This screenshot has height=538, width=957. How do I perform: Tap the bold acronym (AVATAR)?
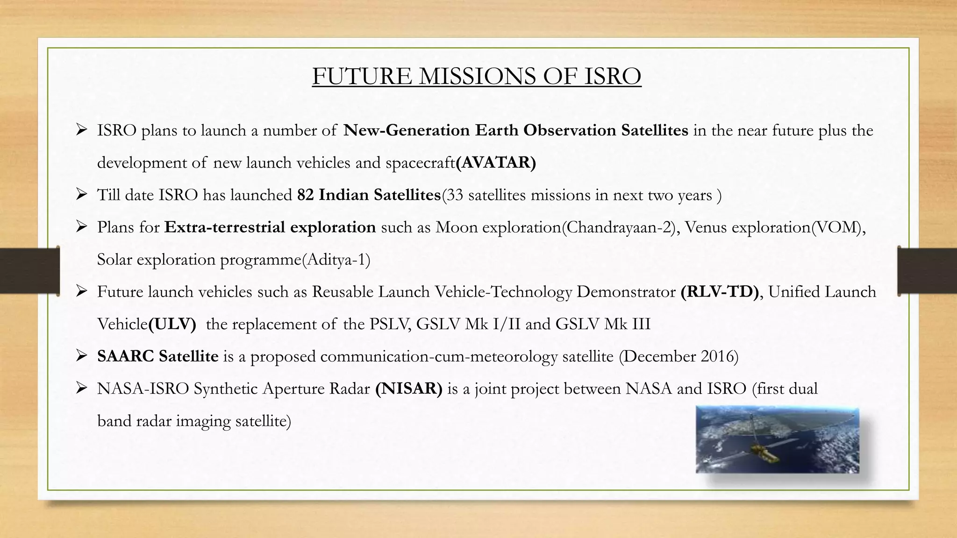pyautogui.click(x=496, y=163)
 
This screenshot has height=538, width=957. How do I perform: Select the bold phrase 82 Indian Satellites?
pyautogui.click(x=369, y=195)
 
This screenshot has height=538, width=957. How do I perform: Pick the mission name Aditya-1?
pyautogui.click(x=336, y=260)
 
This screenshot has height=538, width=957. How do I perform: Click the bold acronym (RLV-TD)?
pyautogui.click(x=720, y=292)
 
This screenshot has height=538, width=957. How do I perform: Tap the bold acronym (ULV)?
pyautogui.click(x=172, y=324)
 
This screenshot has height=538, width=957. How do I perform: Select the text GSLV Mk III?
pyautogui.click(x=603, y=324)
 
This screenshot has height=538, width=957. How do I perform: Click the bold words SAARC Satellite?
pyautogui.click(x=157, y=356)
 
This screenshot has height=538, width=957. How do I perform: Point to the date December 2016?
pyautogui.click(x=678, y=356)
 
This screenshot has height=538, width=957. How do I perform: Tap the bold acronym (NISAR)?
pyautogui.click(x=408, y=389)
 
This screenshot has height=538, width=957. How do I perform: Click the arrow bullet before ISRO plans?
pyautogui.click(x=82, y=130)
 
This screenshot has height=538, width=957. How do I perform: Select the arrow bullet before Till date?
pyautogui.click(x=82, y=194)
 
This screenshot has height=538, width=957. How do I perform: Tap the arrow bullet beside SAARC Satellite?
pyautogui.click(x=82, y=356)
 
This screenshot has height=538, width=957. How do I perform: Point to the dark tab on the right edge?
pyautogui.click(x=927, y=270)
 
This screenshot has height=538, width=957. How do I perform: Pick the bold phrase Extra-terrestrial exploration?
pyautogui.click(x=270, y=227)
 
